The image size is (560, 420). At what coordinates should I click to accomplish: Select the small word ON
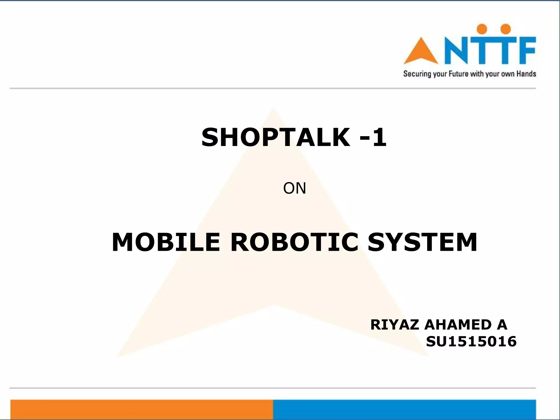[294, 188]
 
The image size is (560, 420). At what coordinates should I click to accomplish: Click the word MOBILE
[166, 242]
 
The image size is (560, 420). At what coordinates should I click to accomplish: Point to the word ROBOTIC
[294, 242]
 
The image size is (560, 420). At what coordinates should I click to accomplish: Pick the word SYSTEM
[422, 242]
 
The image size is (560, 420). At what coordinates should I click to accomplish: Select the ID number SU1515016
[471, 342]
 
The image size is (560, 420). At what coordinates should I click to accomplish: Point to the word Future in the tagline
[459, 74]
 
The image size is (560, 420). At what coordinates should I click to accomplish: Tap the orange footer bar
[142, 409]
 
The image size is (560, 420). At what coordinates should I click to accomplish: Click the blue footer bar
[404, 409]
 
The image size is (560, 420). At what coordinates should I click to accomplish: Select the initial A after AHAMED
[502, 325]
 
